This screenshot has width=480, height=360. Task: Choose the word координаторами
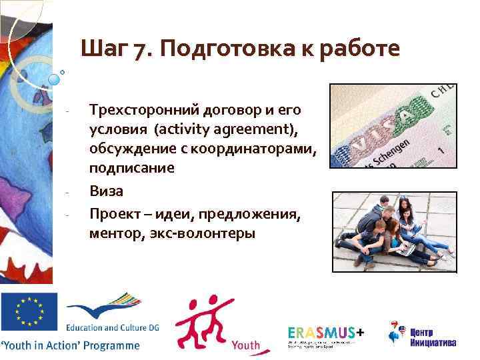click(x=265, y=148)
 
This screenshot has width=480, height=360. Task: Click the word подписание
click(x=132, y=168)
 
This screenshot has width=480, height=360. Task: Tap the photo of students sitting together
click(x=393, y=231)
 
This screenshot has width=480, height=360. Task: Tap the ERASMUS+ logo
click(x=327, y=333)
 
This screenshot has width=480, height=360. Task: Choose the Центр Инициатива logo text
click(x=433, y=337)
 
